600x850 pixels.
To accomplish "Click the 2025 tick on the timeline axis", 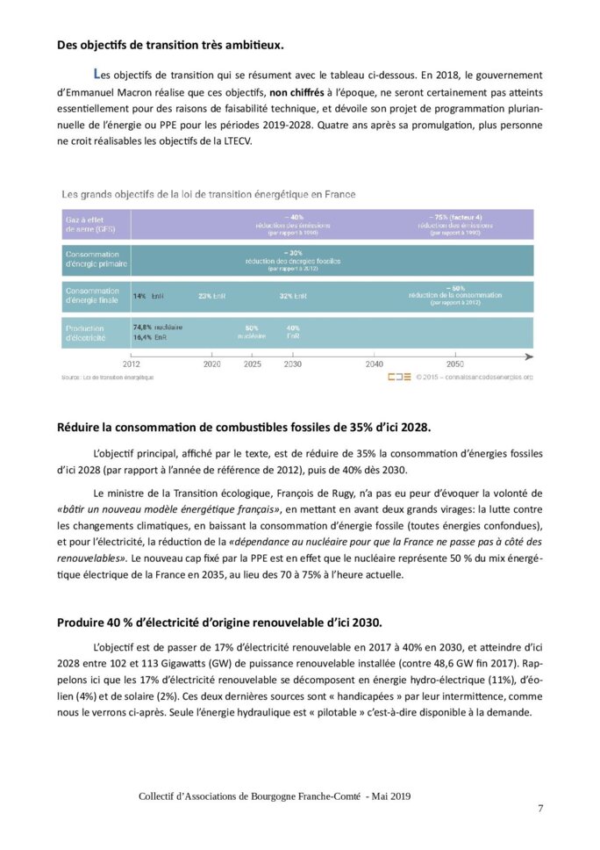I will (x=252, y=364).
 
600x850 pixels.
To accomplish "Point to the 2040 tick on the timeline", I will (x=374, y=364).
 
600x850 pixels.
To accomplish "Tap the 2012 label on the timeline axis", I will (x=131, y=364).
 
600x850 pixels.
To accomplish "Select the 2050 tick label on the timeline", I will (x=455, y=364).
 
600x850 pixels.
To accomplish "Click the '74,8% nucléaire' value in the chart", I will (x=158, y=327).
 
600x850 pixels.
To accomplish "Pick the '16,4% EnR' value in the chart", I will (x=149, y=336).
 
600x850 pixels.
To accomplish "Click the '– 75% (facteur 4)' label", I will (x=455, y=217).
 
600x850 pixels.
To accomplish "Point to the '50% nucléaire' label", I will (x=251, y=332).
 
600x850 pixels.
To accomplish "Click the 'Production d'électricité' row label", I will (x=86, y=332).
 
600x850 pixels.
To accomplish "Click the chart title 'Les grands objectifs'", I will (x=208, y=194).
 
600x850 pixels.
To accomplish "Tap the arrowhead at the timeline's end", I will (x=529, y=357).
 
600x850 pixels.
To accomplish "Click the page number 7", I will (x=540, y=809).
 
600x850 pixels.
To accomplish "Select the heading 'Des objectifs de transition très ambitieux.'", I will (x=183, y=45).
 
